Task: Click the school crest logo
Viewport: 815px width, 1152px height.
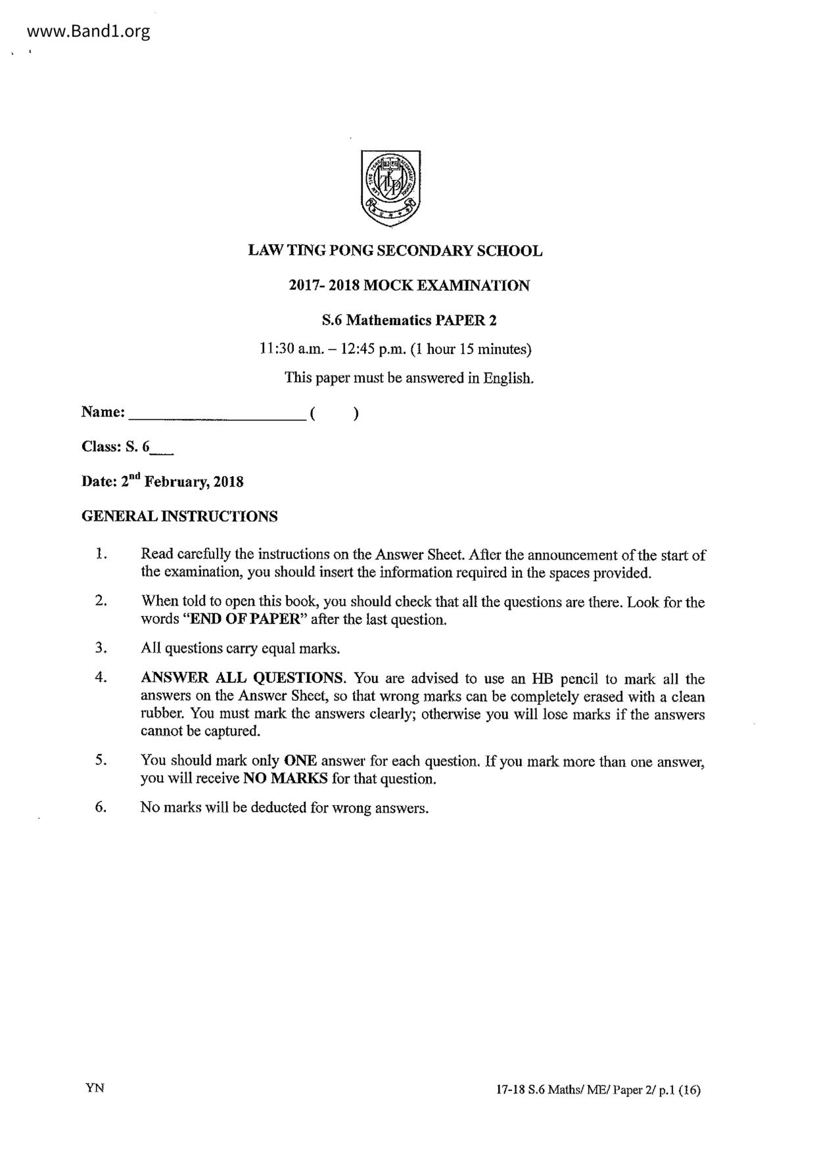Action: point(391,188)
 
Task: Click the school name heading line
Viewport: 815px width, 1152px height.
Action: point(395,251)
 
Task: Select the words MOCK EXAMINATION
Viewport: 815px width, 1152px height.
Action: point(446,286)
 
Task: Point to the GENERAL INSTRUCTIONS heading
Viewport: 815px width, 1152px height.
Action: point(179,517)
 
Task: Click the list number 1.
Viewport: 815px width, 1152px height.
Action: point(101,554)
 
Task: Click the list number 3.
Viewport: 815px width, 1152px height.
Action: point(101,648)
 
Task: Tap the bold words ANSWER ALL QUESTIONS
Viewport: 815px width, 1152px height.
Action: point(243,678)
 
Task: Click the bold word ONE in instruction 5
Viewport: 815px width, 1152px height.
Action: point(300,761)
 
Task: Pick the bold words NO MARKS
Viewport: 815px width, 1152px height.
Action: point(285,779)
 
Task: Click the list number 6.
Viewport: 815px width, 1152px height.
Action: point(101,807)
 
